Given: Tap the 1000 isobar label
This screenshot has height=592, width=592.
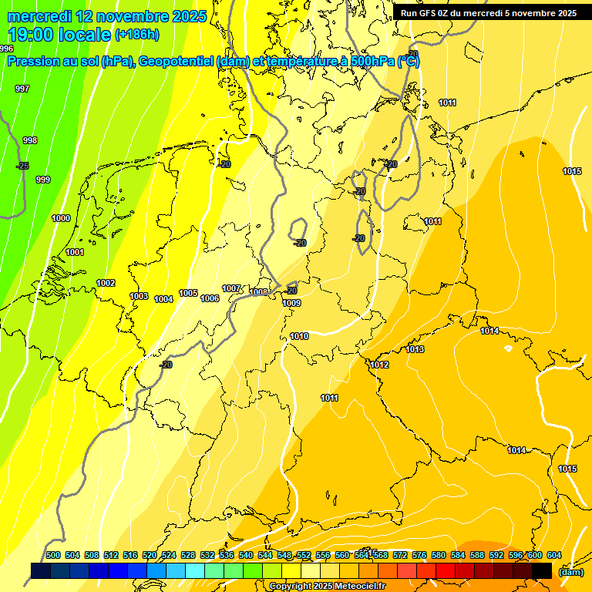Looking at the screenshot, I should click(x=61, y=218).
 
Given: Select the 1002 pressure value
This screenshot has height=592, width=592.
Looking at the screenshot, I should click(x=106, y=283).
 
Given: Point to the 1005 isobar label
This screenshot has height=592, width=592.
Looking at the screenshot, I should click(x=188, y=293).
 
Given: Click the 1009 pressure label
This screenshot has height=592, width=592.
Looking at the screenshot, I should click(x=291, y=303).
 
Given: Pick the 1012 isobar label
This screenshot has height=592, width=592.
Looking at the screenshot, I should click(x=379, y=365).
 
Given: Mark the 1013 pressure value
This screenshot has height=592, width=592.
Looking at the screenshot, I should click(x=415, y=349).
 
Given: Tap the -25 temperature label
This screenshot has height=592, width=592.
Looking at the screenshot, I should click(x=22, y=166).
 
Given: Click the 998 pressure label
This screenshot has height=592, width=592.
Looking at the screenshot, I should click(x=30, y=140).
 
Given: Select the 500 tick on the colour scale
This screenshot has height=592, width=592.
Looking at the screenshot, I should click(x=53, y=555).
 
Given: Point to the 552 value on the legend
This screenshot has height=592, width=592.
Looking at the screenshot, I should click(x=303, y=555).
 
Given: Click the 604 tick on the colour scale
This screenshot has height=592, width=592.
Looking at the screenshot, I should click(x=553, y=555).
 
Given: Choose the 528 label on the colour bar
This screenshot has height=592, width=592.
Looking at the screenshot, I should click(x=188, y=555).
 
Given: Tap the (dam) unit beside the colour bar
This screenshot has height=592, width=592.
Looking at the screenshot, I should click(x=570, y=572).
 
